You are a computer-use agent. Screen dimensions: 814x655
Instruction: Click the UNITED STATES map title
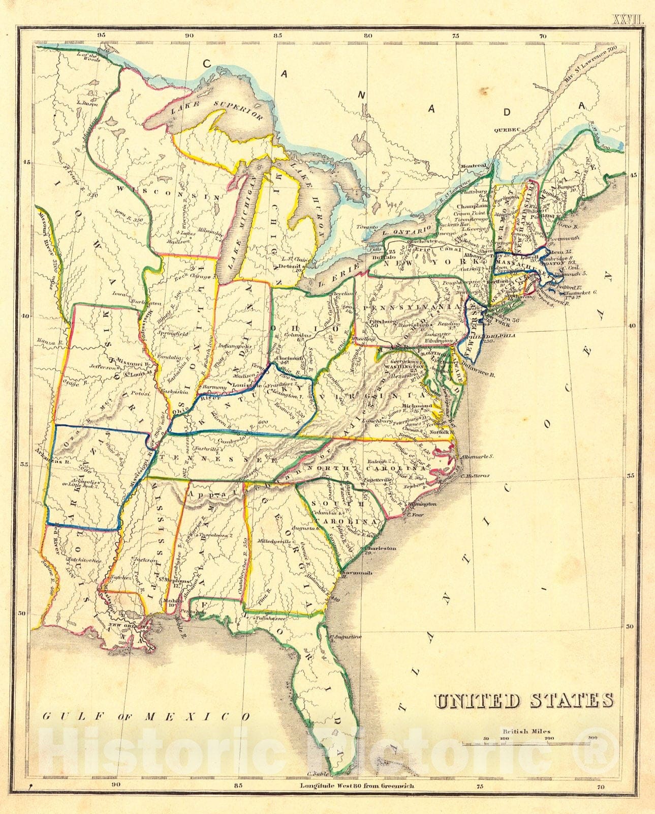(523, 701)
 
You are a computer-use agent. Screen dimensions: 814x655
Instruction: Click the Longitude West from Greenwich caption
(357, 800)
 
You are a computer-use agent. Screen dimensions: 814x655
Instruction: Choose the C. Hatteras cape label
(475, 475)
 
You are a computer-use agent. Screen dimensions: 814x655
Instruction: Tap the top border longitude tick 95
(102, 35)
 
